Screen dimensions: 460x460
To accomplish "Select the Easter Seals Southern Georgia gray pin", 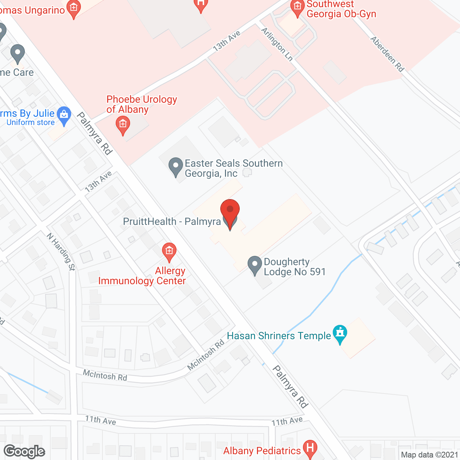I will coord(176,166).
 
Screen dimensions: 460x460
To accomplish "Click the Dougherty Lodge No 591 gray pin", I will coord(255,264).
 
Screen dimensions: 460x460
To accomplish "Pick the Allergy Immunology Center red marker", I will coord(169,251).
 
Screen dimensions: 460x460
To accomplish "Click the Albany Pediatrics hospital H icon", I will coord(310,448).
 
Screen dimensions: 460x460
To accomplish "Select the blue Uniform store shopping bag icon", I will coord(64,115).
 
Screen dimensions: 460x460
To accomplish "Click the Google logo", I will coord(24,451).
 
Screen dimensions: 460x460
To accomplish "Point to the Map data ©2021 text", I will coord(429,455).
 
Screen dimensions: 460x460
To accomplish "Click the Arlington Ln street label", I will coord(277,44).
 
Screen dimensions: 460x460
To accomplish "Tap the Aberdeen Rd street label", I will coord(387,54).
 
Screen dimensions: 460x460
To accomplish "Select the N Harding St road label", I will coord(61,251).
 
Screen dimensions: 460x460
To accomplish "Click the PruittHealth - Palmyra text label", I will coord(172,221).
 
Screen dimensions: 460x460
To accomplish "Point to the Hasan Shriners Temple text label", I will coord(279,336).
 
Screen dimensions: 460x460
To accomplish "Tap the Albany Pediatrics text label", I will coord(262,451).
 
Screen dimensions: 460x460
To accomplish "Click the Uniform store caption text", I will coord(31,123).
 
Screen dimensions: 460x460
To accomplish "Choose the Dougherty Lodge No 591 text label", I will coord(295,267).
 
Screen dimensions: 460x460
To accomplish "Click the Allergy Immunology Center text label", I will coord(142,276).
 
